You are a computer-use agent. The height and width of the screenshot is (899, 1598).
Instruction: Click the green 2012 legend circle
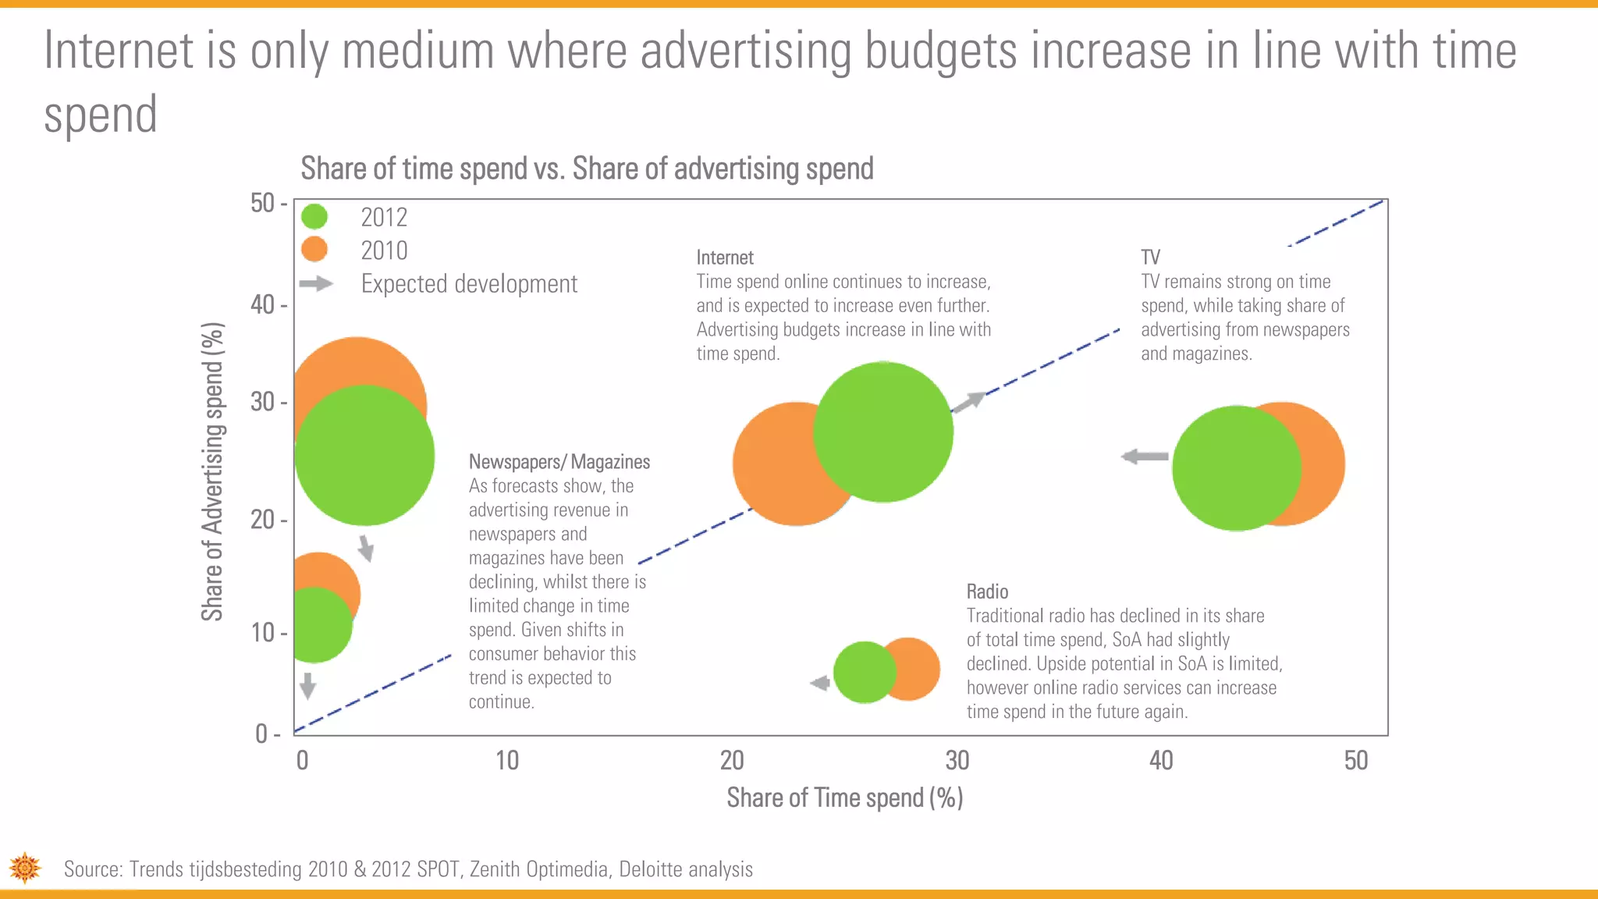click(x=314, y=217)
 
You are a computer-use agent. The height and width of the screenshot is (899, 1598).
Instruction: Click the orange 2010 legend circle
click(x=314, y=250)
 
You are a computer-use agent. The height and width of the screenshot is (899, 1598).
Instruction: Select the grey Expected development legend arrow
click(x=316, y=283)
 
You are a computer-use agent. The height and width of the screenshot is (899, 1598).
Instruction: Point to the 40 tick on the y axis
click(x=263, y=304)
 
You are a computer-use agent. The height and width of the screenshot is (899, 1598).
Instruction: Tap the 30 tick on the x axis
click(x=957, y=760)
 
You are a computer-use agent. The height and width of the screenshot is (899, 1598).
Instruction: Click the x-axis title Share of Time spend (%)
click(x=844, y=798)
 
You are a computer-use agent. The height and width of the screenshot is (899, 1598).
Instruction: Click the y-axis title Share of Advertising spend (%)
click(x=212, y=471)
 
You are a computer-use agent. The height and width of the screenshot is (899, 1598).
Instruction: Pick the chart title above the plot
click(x=587, y=169)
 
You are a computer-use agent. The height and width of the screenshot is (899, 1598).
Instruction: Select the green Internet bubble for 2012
click(x=883, y=432)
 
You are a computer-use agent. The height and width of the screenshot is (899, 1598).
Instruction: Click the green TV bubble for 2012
click(x=1237, y=468)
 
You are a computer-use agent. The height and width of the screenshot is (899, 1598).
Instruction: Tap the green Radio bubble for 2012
click(x=864, y=672)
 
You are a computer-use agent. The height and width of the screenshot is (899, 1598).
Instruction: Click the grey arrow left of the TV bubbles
click(x=1145, y=456)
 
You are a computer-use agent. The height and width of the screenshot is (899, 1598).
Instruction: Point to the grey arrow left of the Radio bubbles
click(x=820, y=683)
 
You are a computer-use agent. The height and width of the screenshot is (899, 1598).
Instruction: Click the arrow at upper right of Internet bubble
click(x=969, y=402)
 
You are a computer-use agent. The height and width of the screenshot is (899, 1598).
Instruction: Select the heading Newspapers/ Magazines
click(x=559, y=462)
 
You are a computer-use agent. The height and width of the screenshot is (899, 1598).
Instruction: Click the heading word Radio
click(x=987, y=592)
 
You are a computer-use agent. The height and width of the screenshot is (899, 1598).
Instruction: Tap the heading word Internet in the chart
click(x=724, y=258)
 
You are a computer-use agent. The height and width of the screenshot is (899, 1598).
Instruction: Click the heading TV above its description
click(x=1150, y=258)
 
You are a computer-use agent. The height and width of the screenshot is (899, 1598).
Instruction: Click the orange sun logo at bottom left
click(x=25, y=868)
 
